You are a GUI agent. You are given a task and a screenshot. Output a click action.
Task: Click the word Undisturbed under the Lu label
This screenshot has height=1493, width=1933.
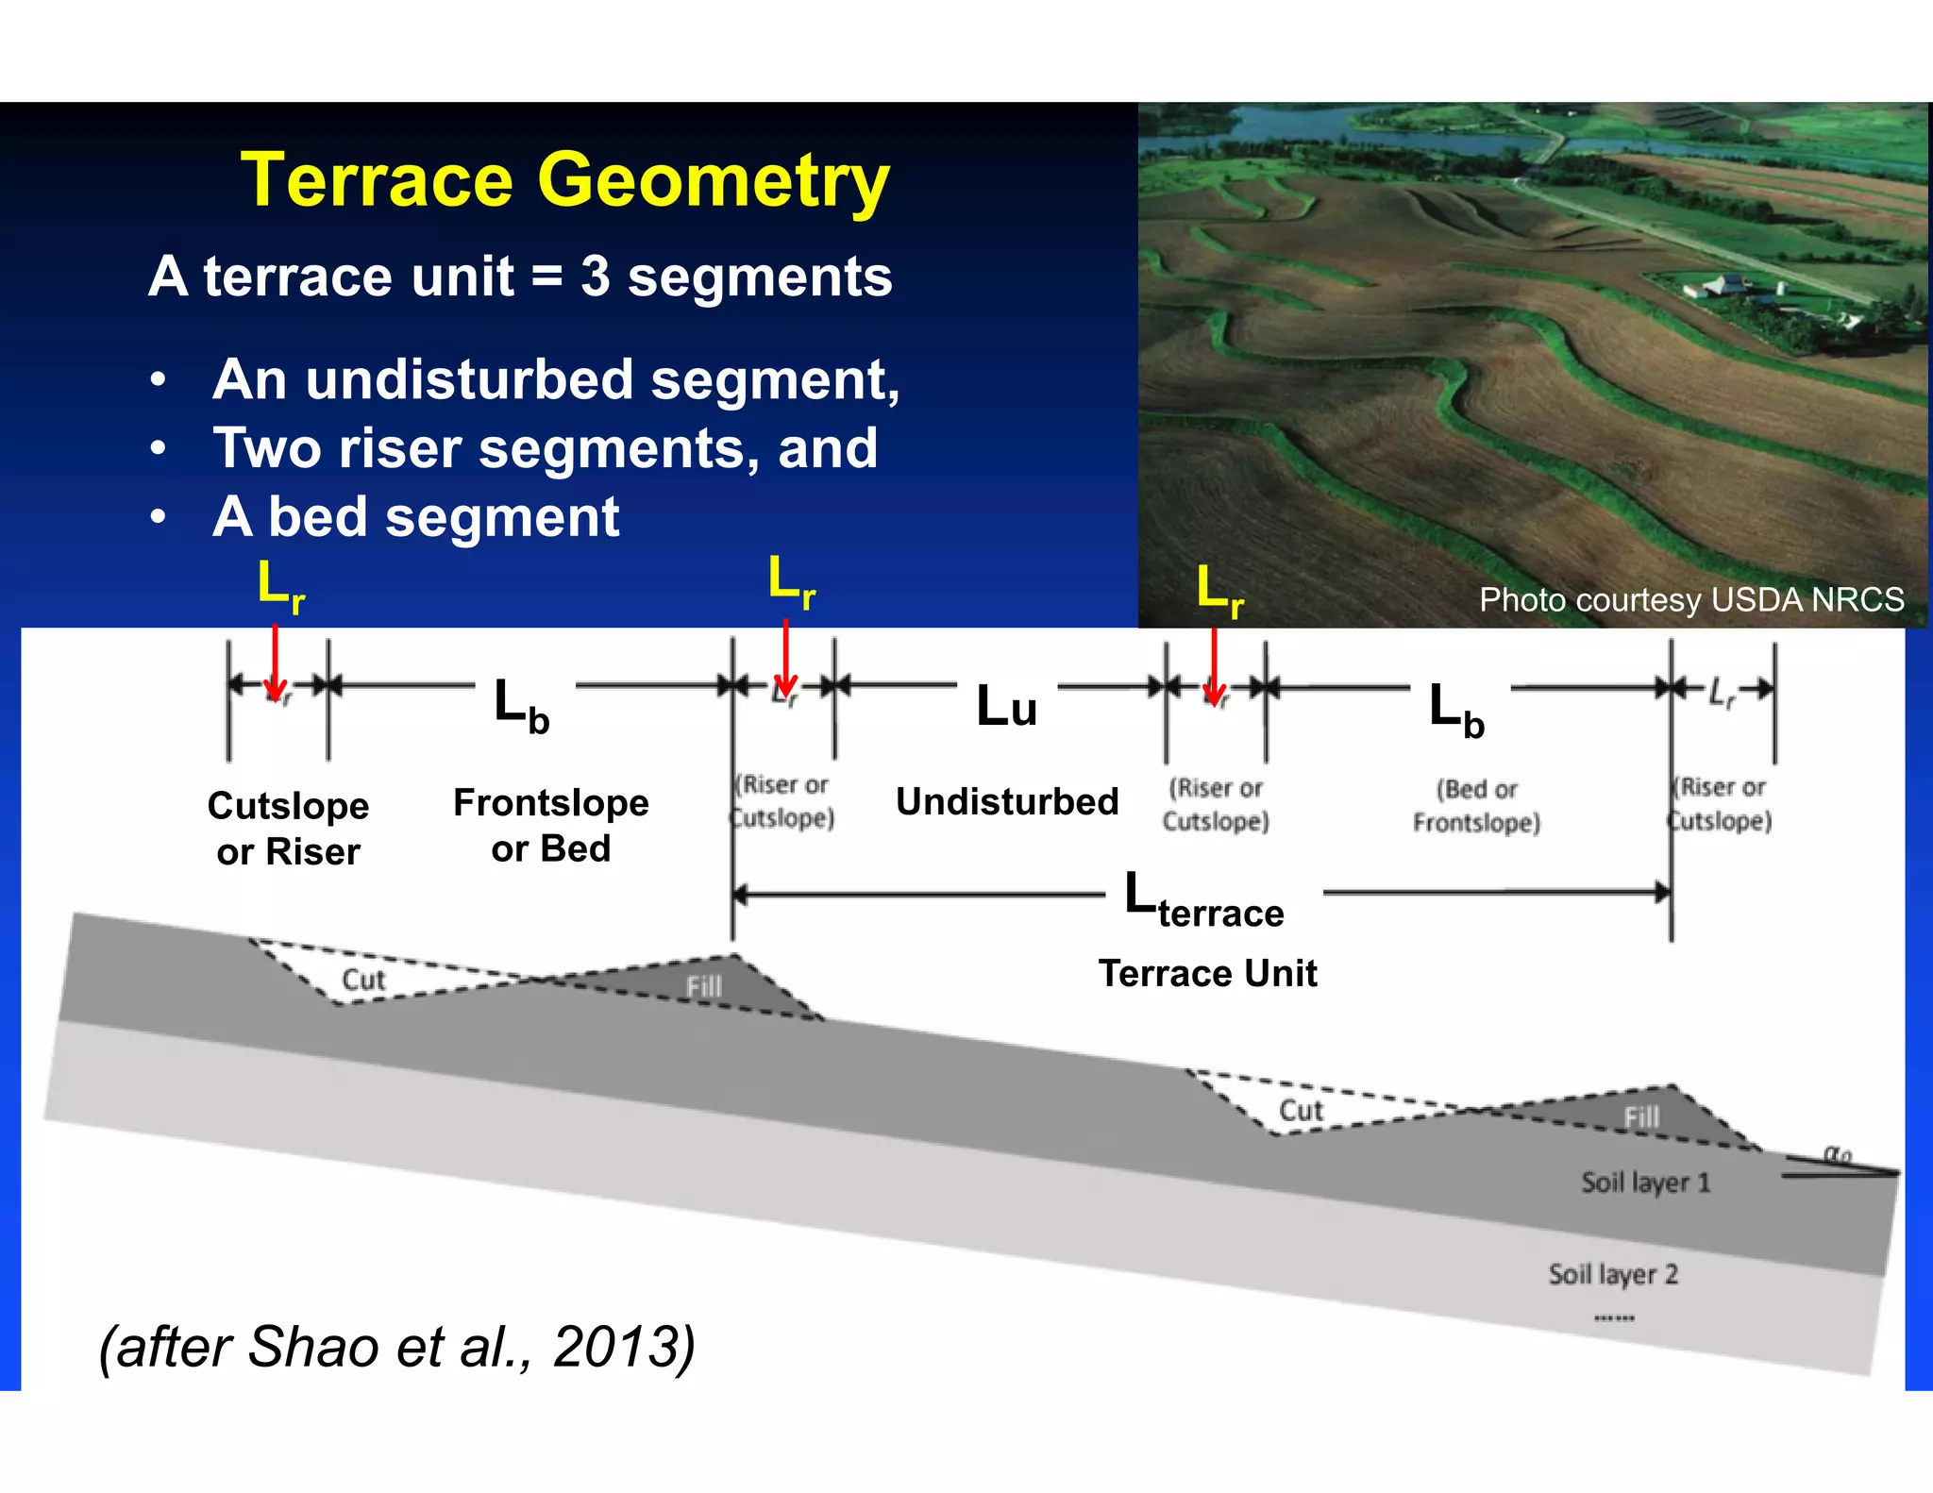pyautogui.click(x=1006, y=801)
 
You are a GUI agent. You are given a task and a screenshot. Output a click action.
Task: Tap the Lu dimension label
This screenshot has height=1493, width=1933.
pyautogui.click(x=1006, y=707)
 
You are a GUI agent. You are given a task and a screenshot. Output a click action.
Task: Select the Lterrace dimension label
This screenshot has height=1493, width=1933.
pyautogui.click(x=1203, y=901)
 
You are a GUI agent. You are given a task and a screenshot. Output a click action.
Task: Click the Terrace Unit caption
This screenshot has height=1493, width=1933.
pyautogui.click(x=1207, y=973)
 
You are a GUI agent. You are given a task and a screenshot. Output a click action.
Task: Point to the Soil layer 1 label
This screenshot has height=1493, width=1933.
pyautogui.click(x=1645, y=1183)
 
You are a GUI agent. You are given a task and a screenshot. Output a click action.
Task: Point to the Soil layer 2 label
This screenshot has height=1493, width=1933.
pyautogui.click(x=1612, y=1274)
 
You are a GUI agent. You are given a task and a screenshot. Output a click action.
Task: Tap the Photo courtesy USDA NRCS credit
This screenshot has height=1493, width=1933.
pyautogui.click(x=1690, y=599)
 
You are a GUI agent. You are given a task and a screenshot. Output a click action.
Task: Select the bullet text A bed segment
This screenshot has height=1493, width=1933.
pyautogui.click(x=415, y=517)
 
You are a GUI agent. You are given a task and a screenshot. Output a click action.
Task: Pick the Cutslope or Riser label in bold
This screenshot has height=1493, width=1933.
pyautogui.click(x=288, y=828)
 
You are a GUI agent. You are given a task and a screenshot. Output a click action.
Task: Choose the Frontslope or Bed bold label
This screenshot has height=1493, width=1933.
pyautogui.click(x=550, y=825)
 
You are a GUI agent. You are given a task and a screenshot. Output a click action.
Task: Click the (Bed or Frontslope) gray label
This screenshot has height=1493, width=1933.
pyautogui.click(x=1476, y=805)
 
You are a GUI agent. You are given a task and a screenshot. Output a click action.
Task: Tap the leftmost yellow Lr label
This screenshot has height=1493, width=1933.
pyautogui.click(x=280, y=585)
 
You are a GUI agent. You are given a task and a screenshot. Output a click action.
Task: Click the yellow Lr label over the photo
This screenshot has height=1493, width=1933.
pyautogui.click(x=1219, y=591)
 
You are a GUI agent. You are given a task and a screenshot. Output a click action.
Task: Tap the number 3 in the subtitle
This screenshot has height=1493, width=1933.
pyautogui.click(x=595, y=277)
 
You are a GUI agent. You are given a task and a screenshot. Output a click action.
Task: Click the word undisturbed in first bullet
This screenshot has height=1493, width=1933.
pyautogui.click(x=469, y=379)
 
